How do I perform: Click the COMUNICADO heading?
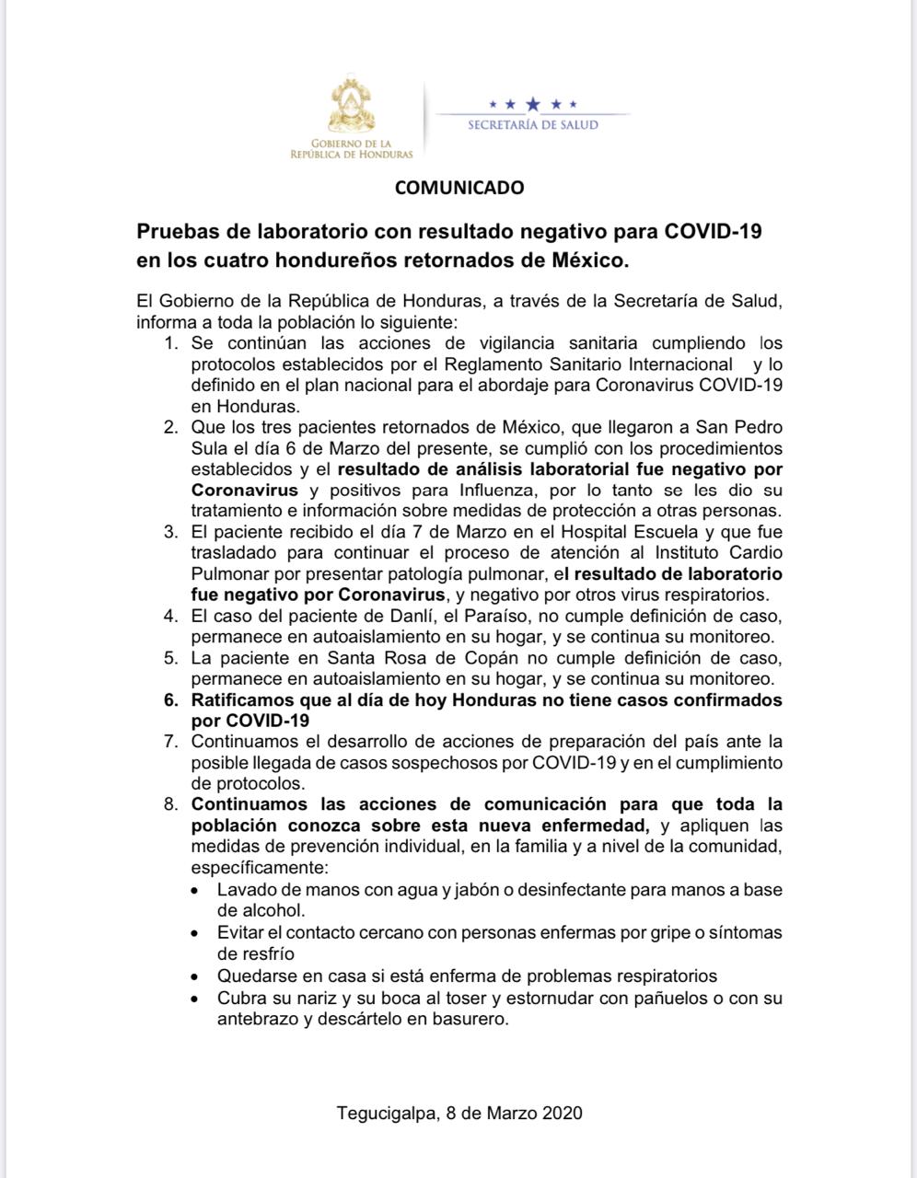point(459,188)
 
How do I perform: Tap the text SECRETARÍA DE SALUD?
point(532,125)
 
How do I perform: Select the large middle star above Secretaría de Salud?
point(532,104)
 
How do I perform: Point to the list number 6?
point(170,699)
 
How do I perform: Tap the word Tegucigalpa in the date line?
point(385,1113)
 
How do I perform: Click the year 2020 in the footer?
point(563,1113)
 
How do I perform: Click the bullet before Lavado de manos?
point(194,891)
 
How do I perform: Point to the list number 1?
point(170,343)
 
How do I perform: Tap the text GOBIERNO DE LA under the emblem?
point(351,144)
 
